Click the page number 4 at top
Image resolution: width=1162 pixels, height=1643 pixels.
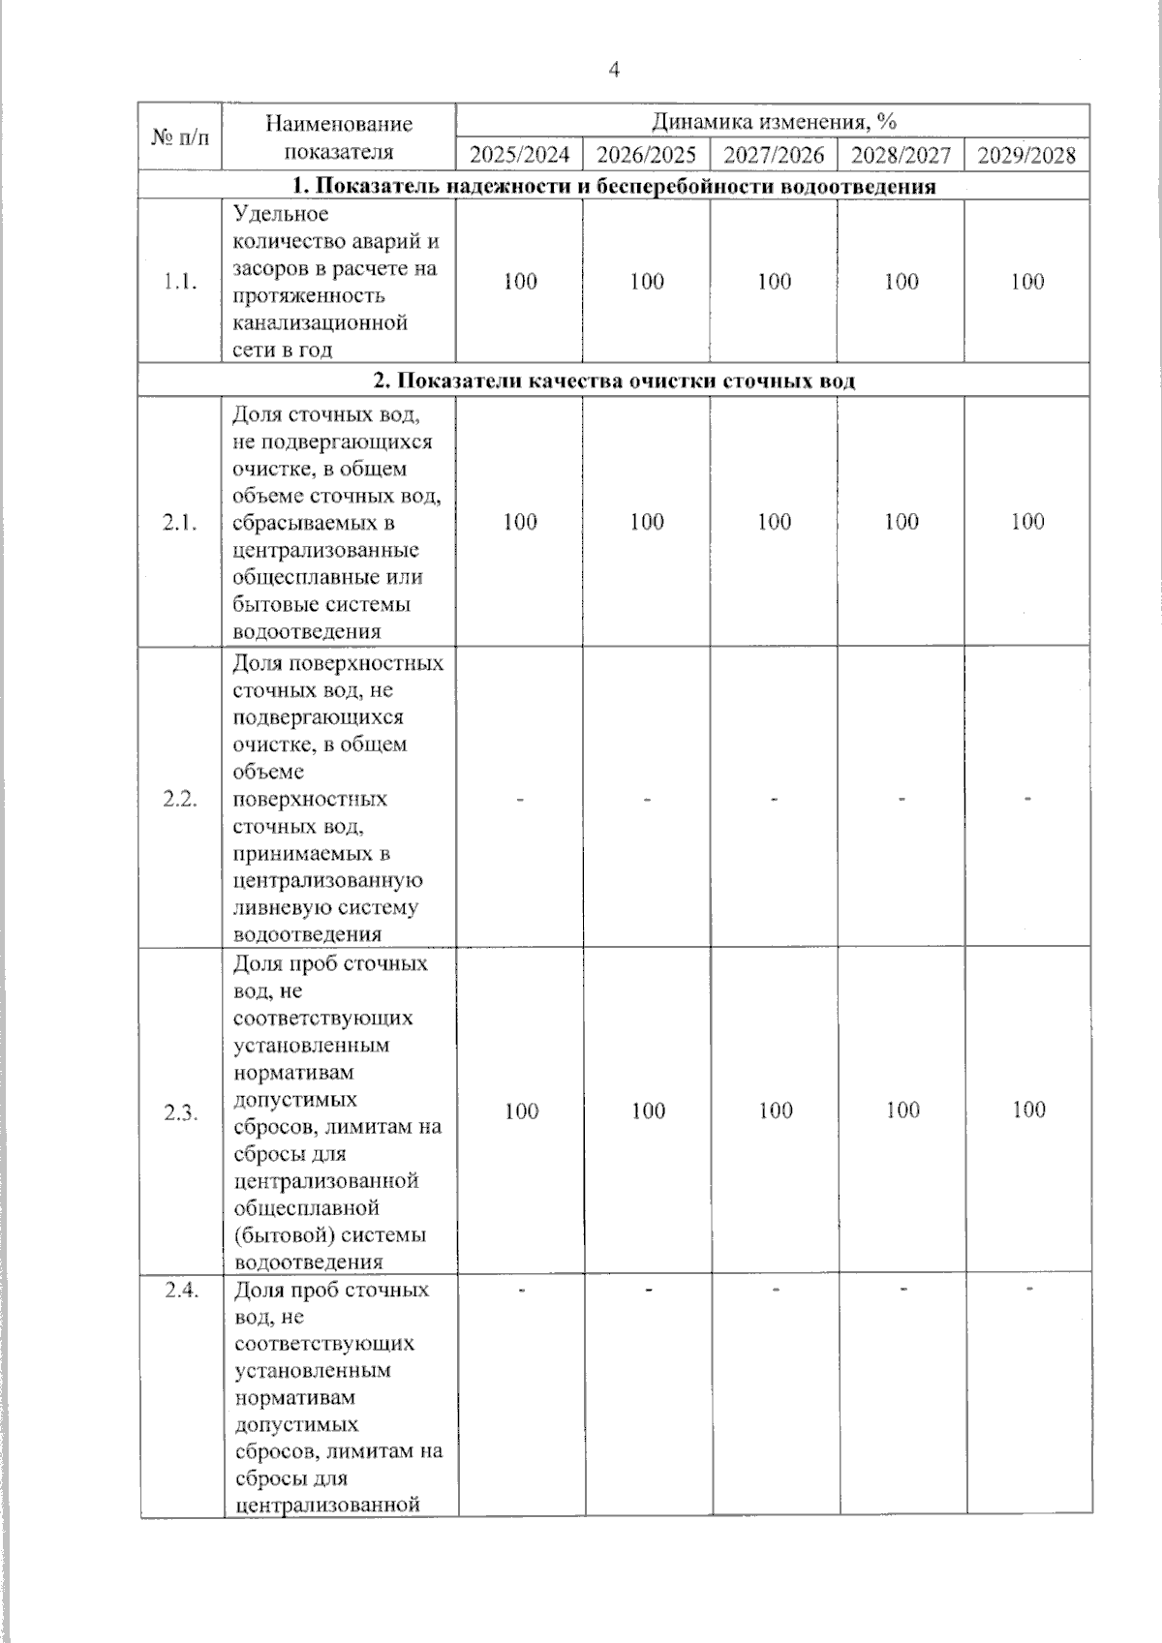[613, 69]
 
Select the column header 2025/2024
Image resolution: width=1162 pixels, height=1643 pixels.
[520, 156]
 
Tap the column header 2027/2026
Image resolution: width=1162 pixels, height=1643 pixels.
[774, 156]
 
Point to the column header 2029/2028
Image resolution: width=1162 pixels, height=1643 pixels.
[1026, 156]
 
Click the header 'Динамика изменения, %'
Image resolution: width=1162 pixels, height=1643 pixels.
[773, 121]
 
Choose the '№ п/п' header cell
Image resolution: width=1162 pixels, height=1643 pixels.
[180, 137]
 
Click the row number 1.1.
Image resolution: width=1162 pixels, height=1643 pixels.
[180, 282]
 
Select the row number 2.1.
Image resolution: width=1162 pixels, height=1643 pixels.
[180, 523]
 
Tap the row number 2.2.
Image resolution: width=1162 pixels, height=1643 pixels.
[180, 800]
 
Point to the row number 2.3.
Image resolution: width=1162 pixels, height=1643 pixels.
[180, 1111]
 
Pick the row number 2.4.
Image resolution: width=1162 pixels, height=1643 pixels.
[180, 1290]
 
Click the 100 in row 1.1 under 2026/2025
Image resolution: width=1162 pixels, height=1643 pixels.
[647, 282]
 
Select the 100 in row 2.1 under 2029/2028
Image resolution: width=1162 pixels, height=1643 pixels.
[1027, 522]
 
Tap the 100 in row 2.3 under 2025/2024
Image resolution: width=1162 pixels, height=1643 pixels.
[521, 1111]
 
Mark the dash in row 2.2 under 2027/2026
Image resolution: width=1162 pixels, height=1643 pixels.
[775, 800]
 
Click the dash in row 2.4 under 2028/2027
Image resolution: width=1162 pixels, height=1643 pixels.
[902, 1289]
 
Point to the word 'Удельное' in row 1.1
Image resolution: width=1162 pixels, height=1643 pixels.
[281, 214]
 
